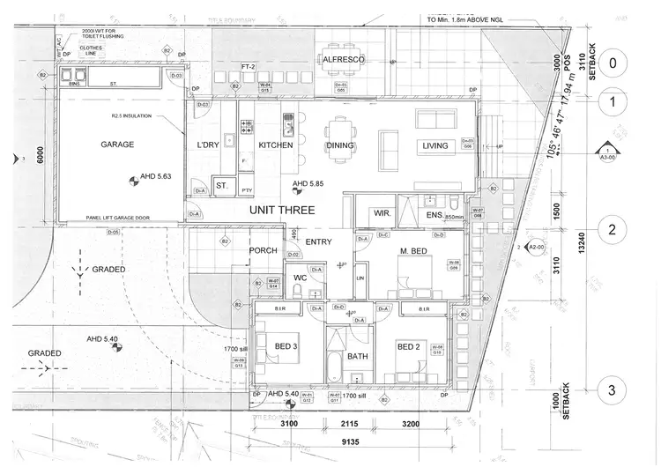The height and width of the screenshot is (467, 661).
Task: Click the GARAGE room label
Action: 117,144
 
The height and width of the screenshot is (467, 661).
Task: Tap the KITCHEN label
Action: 275,145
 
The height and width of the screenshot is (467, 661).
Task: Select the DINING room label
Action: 339,145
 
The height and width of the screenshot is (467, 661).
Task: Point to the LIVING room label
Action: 435,145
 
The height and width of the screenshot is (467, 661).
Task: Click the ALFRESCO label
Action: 344,59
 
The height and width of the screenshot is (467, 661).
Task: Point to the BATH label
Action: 358,357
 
